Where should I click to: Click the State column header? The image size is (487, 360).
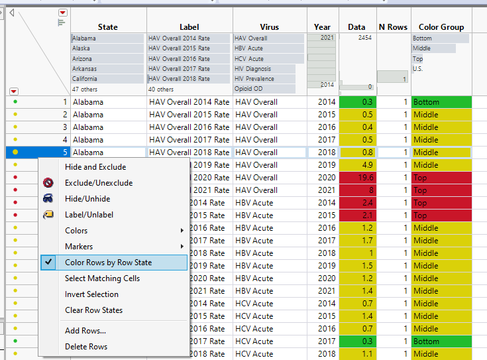(x=108, y=27)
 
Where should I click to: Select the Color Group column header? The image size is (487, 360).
(x=441, y=27)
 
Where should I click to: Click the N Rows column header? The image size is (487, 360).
(x=393, y=27)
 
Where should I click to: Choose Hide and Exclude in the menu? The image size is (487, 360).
(x=95, y=167)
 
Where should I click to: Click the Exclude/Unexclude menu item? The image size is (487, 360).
(x=99, y=183)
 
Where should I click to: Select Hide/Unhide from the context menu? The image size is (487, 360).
(x=87, y=199)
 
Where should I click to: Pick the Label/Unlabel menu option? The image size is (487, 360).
(x=89, y=215)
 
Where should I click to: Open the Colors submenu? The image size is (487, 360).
(x=76, y=231)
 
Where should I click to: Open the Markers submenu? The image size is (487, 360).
(x=79, y=247)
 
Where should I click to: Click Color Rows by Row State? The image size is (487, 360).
(x=108, y=263)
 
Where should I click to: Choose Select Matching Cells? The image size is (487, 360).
(x=102, y=278)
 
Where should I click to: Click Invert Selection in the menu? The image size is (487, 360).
(x=91, y=294)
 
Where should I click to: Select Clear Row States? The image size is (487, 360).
(x=93, y=310)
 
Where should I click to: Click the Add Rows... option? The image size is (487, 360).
(x=85, y=331)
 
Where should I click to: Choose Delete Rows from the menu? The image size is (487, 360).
(x=86, y=347)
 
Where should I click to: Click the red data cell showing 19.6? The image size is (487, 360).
(x=358, y=178)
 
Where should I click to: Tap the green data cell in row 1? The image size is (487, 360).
(x=358, y=102)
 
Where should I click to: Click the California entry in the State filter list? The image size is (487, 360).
(x=89, y=79)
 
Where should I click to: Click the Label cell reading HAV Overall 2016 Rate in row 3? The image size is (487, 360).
(x=189, y=127)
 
